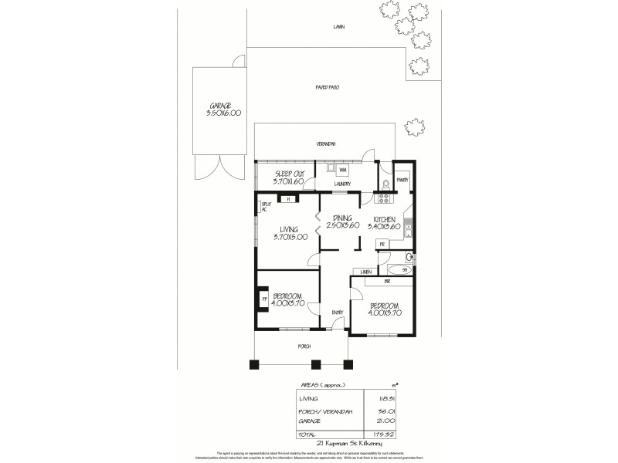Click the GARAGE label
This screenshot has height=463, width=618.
(222, 109)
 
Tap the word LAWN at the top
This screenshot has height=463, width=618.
(338, 26)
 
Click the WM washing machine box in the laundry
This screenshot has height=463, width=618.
(342, 169)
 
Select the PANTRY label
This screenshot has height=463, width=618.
(402, 179)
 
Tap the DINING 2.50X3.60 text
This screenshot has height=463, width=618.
(341, 222)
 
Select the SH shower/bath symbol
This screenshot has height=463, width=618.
(404, 269)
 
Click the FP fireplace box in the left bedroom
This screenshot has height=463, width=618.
(263, 298)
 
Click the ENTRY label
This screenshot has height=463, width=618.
(338, 312)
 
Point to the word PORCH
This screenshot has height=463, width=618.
(304, 346)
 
